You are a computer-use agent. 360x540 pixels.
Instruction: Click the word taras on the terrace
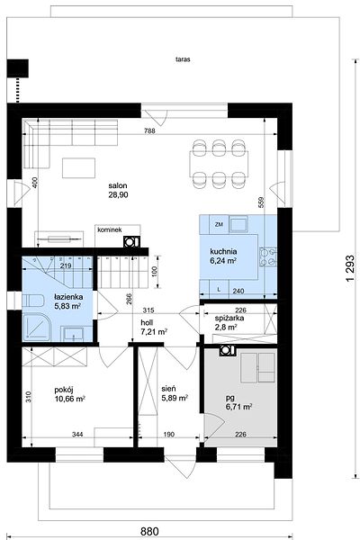coord(183,59)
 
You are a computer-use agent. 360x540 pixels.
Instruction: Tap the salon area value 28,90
coord(119,195)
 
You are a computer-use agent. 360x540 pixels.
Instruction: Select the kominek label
coord(110,229)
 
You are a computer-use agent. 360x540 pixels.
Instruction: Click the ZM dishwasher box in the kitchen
coord(219,224)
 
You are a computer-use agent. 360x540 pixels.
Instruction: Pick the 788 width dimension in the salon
coord(150,130)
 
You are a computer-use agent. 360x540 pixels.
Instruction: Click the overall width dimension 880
coord(150,531)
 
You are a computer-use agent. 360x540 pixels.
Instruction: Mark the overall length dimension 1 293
coord(350,269)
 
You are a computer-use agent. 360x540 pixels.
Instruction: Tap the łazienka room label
coord(68,296)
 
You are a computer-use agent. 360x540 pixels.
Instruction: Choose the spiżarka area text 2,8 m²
coord(226,327)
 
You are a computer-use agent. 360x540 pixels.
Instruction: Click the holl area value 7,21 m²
coord(154,332)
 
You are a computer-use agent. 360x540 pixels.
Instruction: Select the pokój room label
coord(64,391)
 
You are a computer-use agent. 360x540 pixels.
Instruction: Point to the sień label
coord(169,389)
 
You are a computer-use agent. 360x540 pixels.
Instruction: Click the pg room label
coord(229,399)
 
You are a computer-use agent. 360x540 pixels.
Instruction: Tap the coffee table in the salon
coord(79,167)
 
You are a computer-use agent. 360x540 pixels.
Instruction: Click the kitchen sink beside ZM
coord(238,224)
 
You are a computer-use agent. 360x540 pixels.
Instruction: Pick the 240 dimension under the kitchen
coord(238,291)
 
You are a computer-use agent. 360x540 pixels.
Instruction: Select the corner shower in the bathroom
coord(37,327)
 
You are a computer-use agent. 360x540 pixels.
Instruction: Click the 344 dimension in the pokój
coord(77,435)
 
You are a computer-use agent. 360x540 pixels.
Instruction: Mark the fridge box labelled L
coord(219,289)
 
